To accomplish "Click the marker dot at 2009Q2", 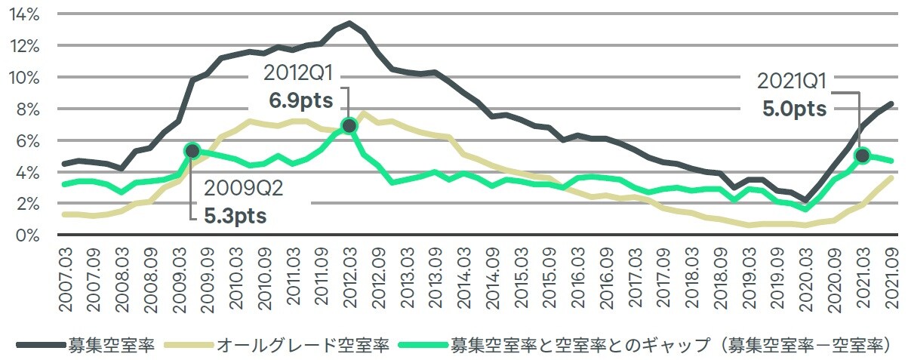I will (192, 151).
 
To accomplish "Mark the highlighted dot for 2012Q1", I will (349, 125).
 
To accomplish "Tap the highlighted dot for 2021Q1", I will (863, 155).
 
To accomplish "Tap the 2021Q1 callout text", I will (792, 82).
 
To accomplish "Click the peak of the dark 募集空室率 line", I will (349, 23).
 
